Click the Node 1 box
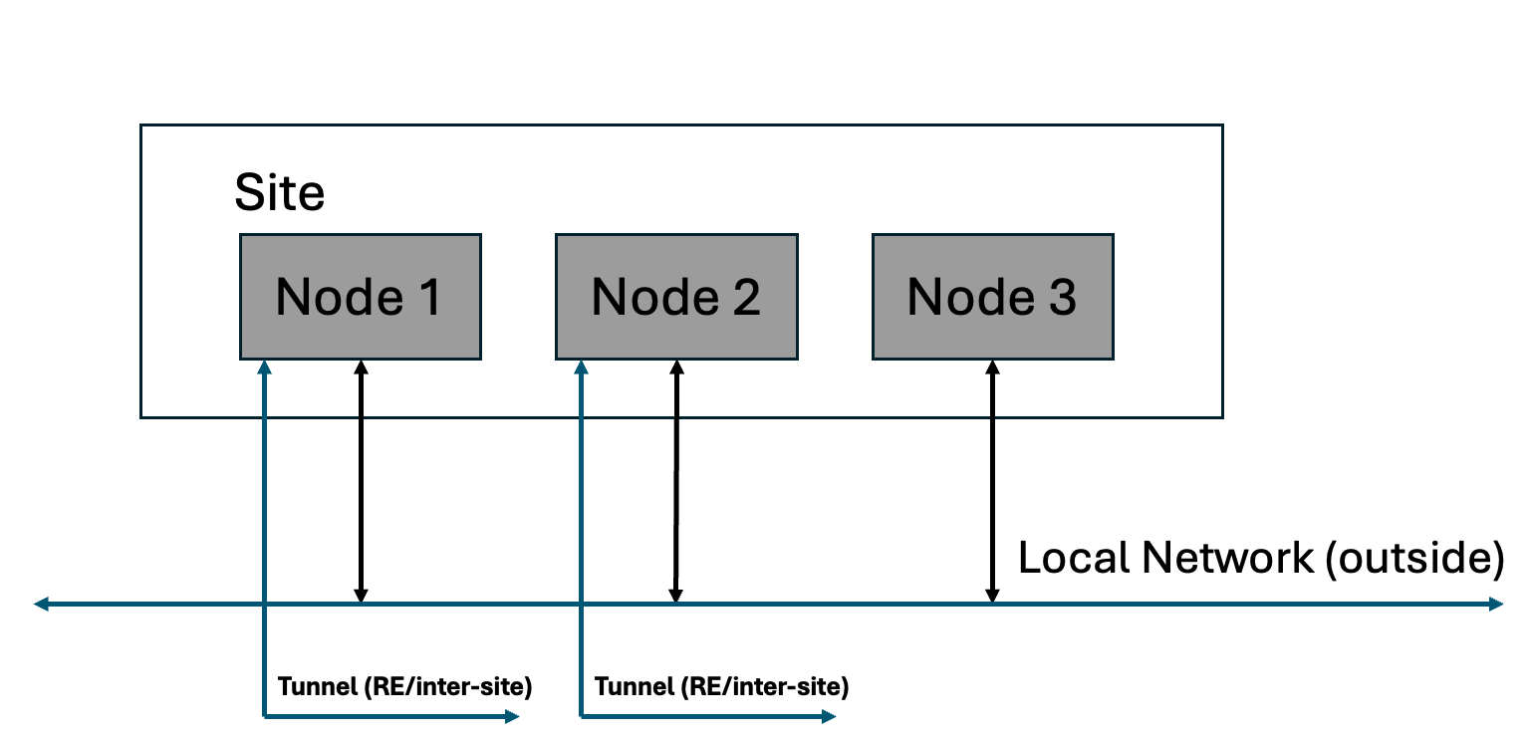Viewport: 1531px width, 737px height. coord(360,297)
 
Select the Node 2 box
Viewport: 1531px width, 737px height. coord(675,297)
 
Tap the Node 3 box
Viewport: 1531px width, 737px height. coord(992,297)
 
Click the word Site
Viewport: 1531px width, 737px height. coord(279,192)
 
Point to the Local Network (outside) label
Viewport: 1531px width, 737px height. coord(1260,558)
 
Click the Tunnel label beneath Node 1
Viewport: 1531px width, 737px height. coord(404,686)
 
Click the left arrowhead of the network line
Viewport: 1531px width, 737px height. coord(41,604)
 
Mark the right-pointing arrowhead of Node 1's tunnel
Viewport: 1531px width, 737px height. coord(513,716)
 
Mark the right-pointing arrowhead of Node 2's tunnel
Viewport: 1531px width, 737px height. coord(829,716)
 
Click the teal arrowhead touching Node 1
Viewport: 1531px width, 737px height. coord(264,368)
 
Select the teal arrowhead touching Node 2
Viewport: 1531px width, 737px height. coord(579,368)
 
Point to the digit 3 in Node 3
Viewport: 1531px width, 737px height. coord(1062,297)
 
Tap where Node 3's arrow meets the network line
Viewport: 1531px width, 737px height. coord(992,603)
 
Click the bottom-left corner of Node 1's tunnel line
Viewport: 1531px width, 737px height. coord(264,715)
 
